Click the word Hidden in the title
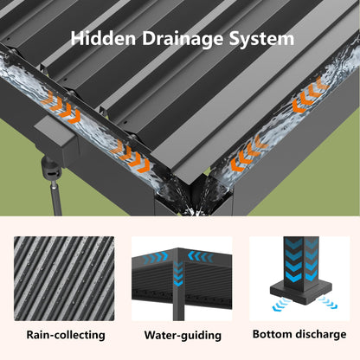pyautogui.click(x=103, y=38)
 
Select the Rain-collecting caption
pyautogui.click(x=66, y=335)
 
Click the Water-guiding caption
pyautogui.click(x=183, y=335)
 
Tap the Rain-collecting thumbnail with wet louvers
pyautogui.click(x=64, y=279)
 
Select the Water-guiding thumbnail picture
pyautogui.click(x=182, y=279)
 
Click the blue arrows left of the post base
pyautogui.click(x=281, y=305)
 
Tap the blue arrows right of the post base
pyautogui.click(x=328, y=303)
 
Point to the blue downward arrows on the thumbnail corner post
pyautogui.click(x=178, y=273)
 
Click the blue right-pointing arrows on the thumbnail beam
pyautogui.click(x=155, y=258)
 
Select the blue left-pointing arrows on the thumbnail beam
pyautogui.click(x=201, y=256)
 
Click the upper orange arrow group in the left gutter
pyautogui.click(x=61, y=108)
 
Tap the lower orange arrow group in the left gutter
pyautogui.click(x=131, y=157)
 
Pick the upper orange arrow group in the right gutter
pyautogui.click(x=311, y=94)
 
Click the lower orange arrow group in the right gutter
pyautogui.click(x=249, y=154)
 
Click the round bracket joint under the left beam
pyautogui.click(x=51, y=169)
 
